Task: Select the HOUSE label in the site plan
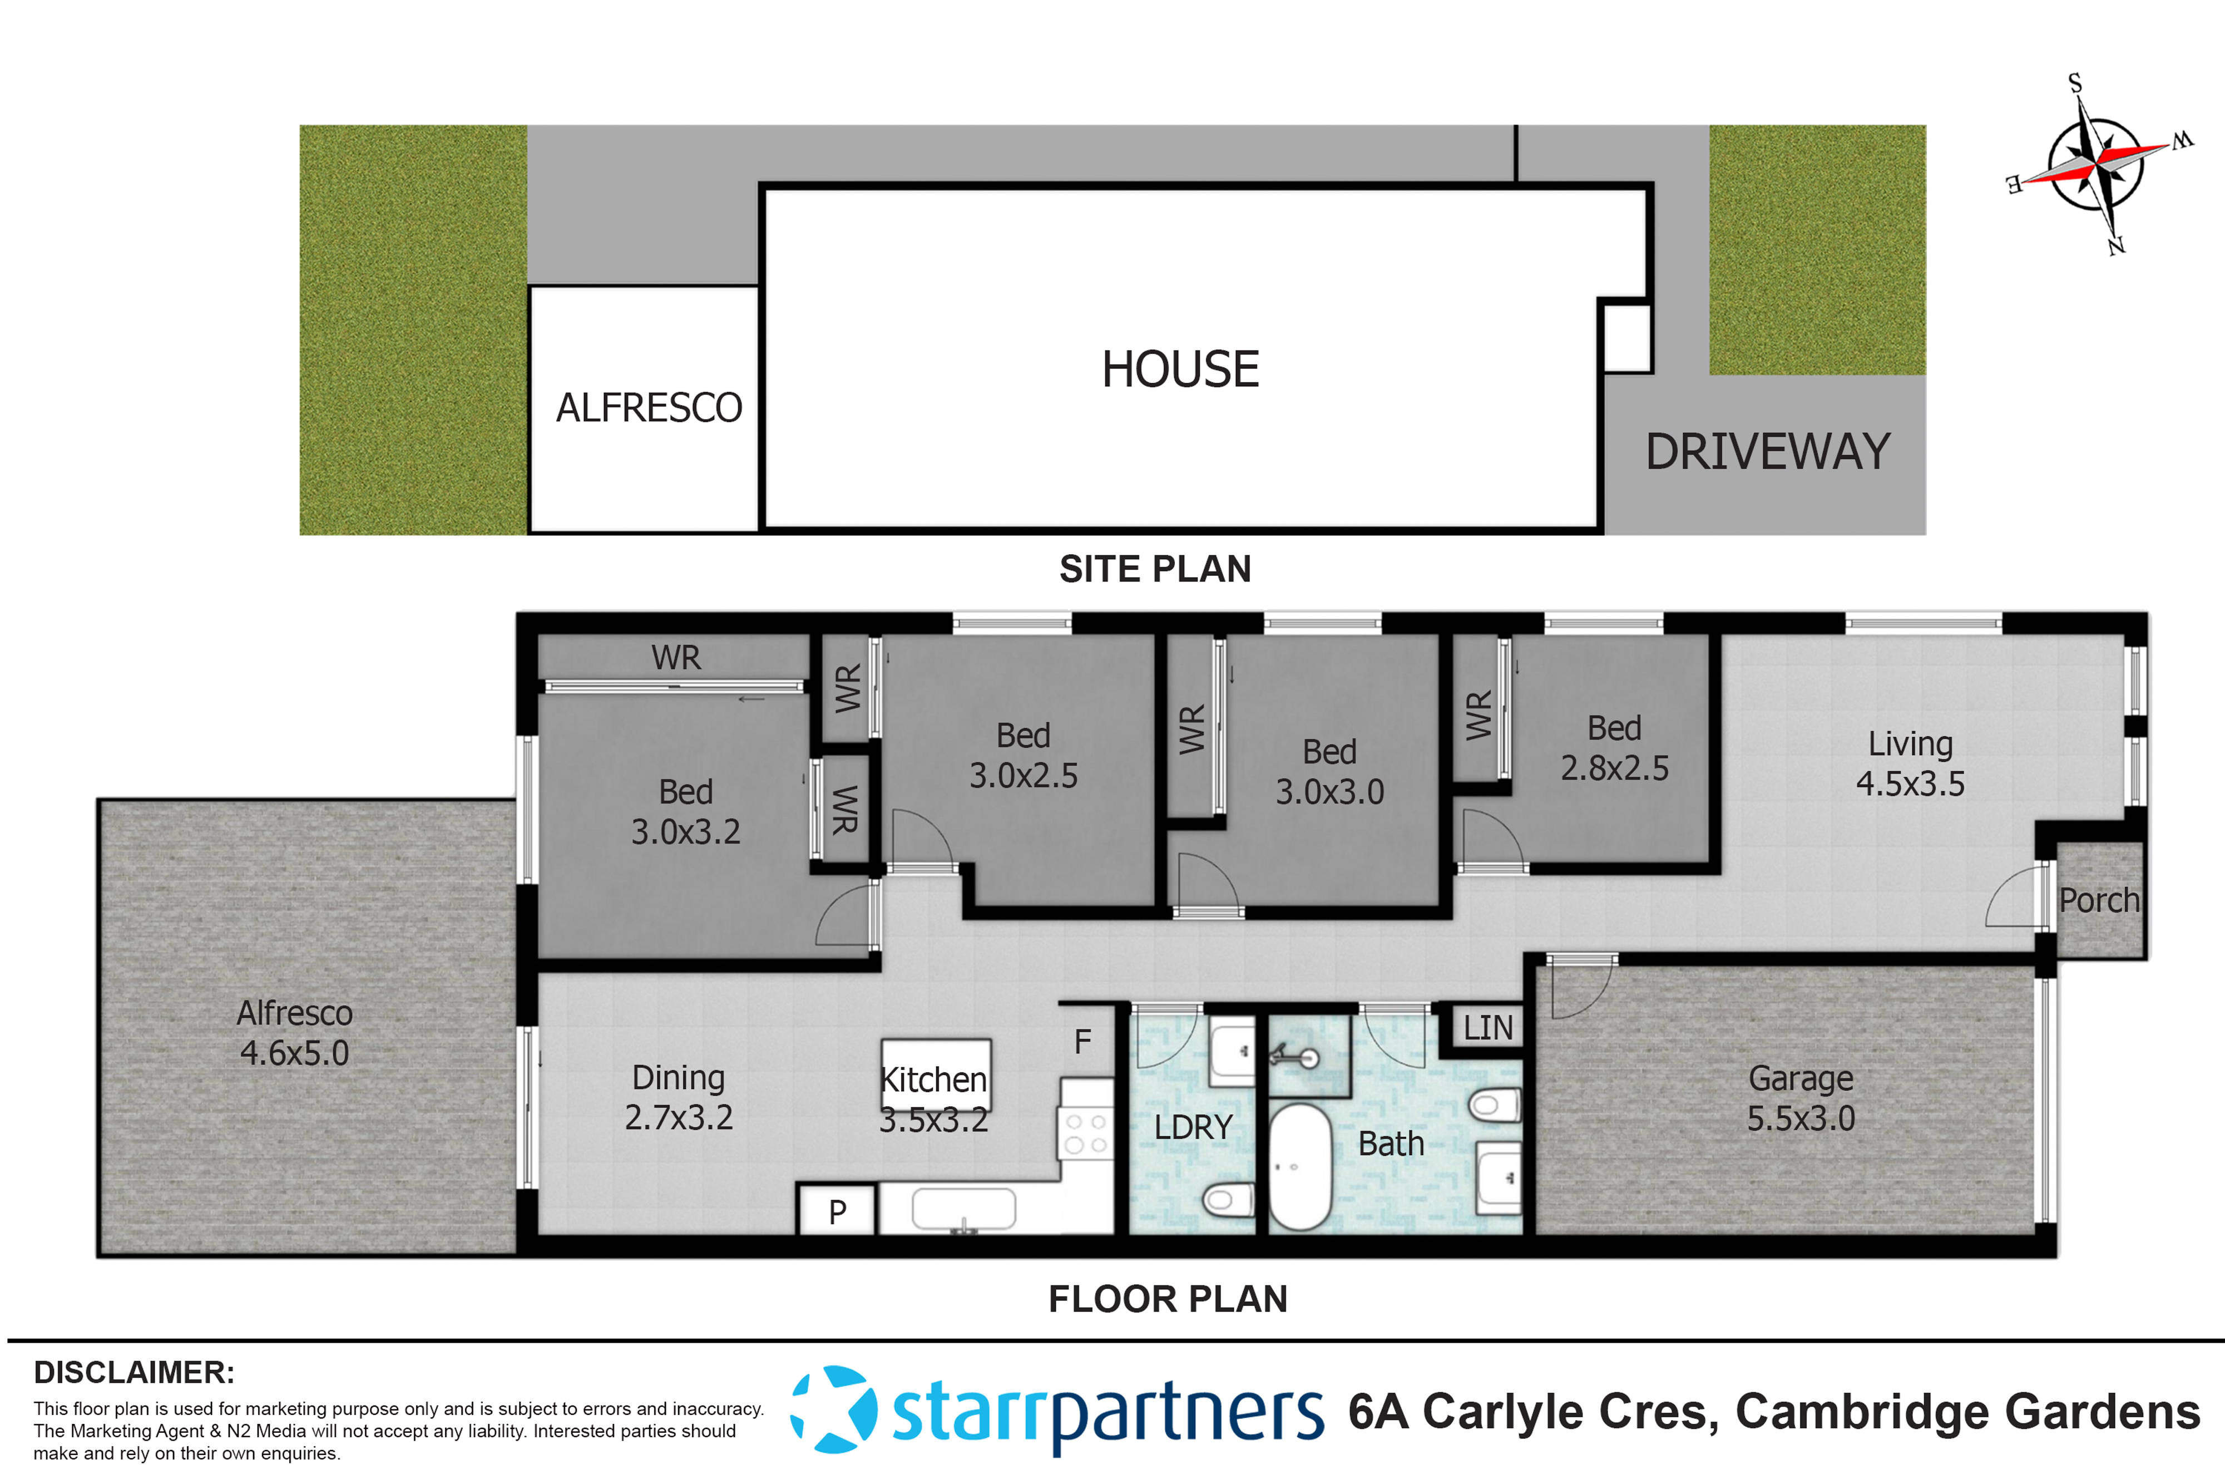pyautogui.click(x=1180, y=369)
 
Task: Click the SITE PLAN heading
pyautogui.click(x=1155, y=569)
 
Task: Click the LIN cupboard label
pyautogui.click(x=1487, y=1028)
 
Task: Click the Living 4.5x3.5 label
pyautogui.click(x=1909, y=764)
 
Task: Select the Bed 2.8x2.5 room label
pyautogui.click(x=1614, y=748)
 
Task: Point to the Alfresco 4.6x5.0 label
pyautogui.click(x=294, y=1033)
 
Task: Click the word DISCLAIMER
pyautogui.click(x=133, y=1372)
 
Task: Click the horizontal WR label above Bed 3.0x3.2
pyautogui.click(x=675, y=658)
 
